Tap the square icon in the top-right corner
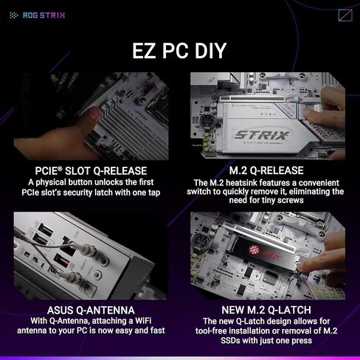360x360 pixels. pos(345,15)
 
